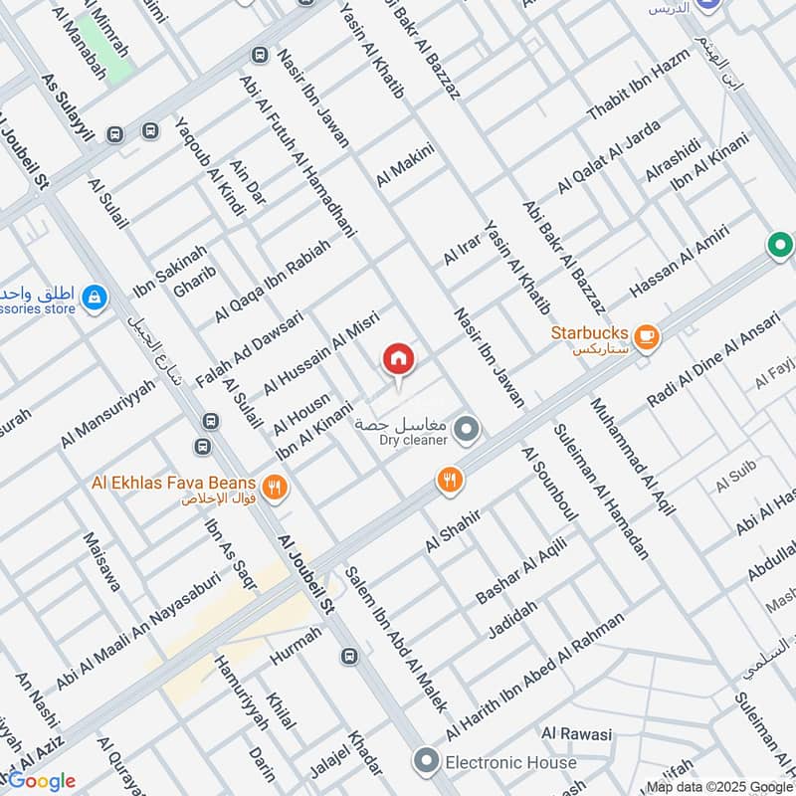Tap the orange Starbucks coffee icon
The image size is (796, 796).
[x=647, y=336]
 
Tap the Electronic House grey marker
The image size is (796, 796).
[x=427, y=762]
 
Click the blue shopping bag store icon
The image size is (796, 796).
[x=94, y=298]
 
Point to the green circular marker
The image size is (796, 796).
[x=780, y=244]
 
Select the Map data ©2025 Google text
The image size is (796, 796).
[x=718, y=786]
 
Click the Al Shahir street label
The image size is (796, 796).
[x=453, y=529]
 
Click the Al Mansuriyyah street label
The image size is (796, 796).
[x=107, y=412]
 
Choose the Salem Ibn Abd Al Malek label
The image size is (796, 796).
[x=396, y=637]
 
